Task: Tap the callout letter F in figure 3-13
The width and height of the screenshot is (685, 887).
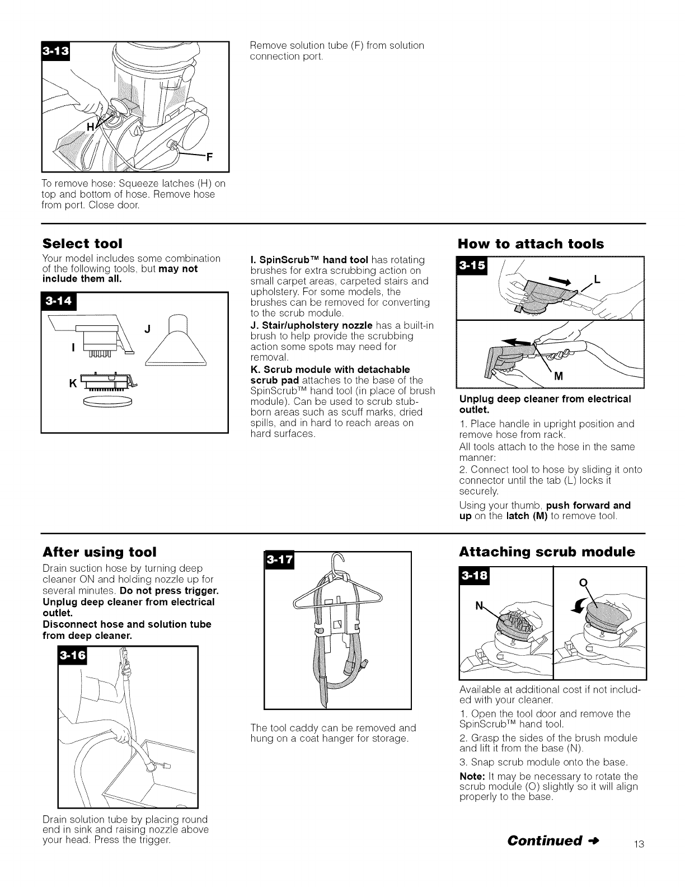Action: coord(210,156)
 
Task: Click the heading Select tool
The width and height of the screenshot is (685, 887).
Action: coord(83,244)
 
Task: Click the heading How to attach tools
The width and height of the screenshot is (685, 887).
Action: coord(531,244)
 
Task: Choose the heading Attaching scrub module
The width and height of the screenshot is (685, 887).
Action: coord(547,552)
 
